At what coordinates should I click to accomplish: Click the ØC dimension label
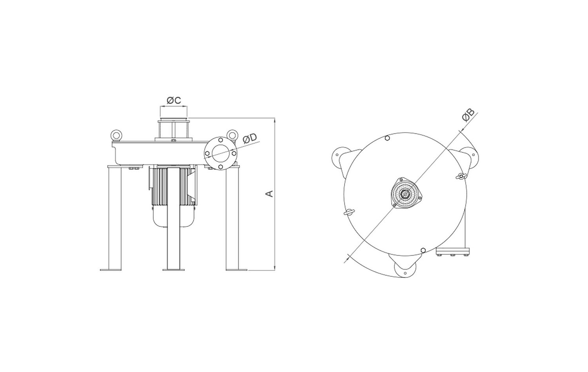point(174,100)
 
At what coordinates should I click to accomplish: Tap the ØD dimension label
point(249,139)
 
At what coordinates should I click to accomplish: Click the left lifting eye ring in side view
point(116,135)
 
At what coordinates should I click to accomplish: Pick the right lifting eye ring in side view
point(232,135)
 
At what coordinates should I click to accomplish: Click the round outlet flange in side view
point(221,153)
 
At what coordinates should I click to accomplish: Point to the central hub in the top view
point(406,193)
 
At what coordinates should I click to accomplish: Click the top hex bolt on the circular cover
point(387,138)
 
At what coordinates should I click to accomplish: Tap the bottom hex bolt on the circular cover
point(423,250)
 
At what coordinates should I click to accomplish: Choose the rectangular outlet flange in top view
point(453,252)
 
